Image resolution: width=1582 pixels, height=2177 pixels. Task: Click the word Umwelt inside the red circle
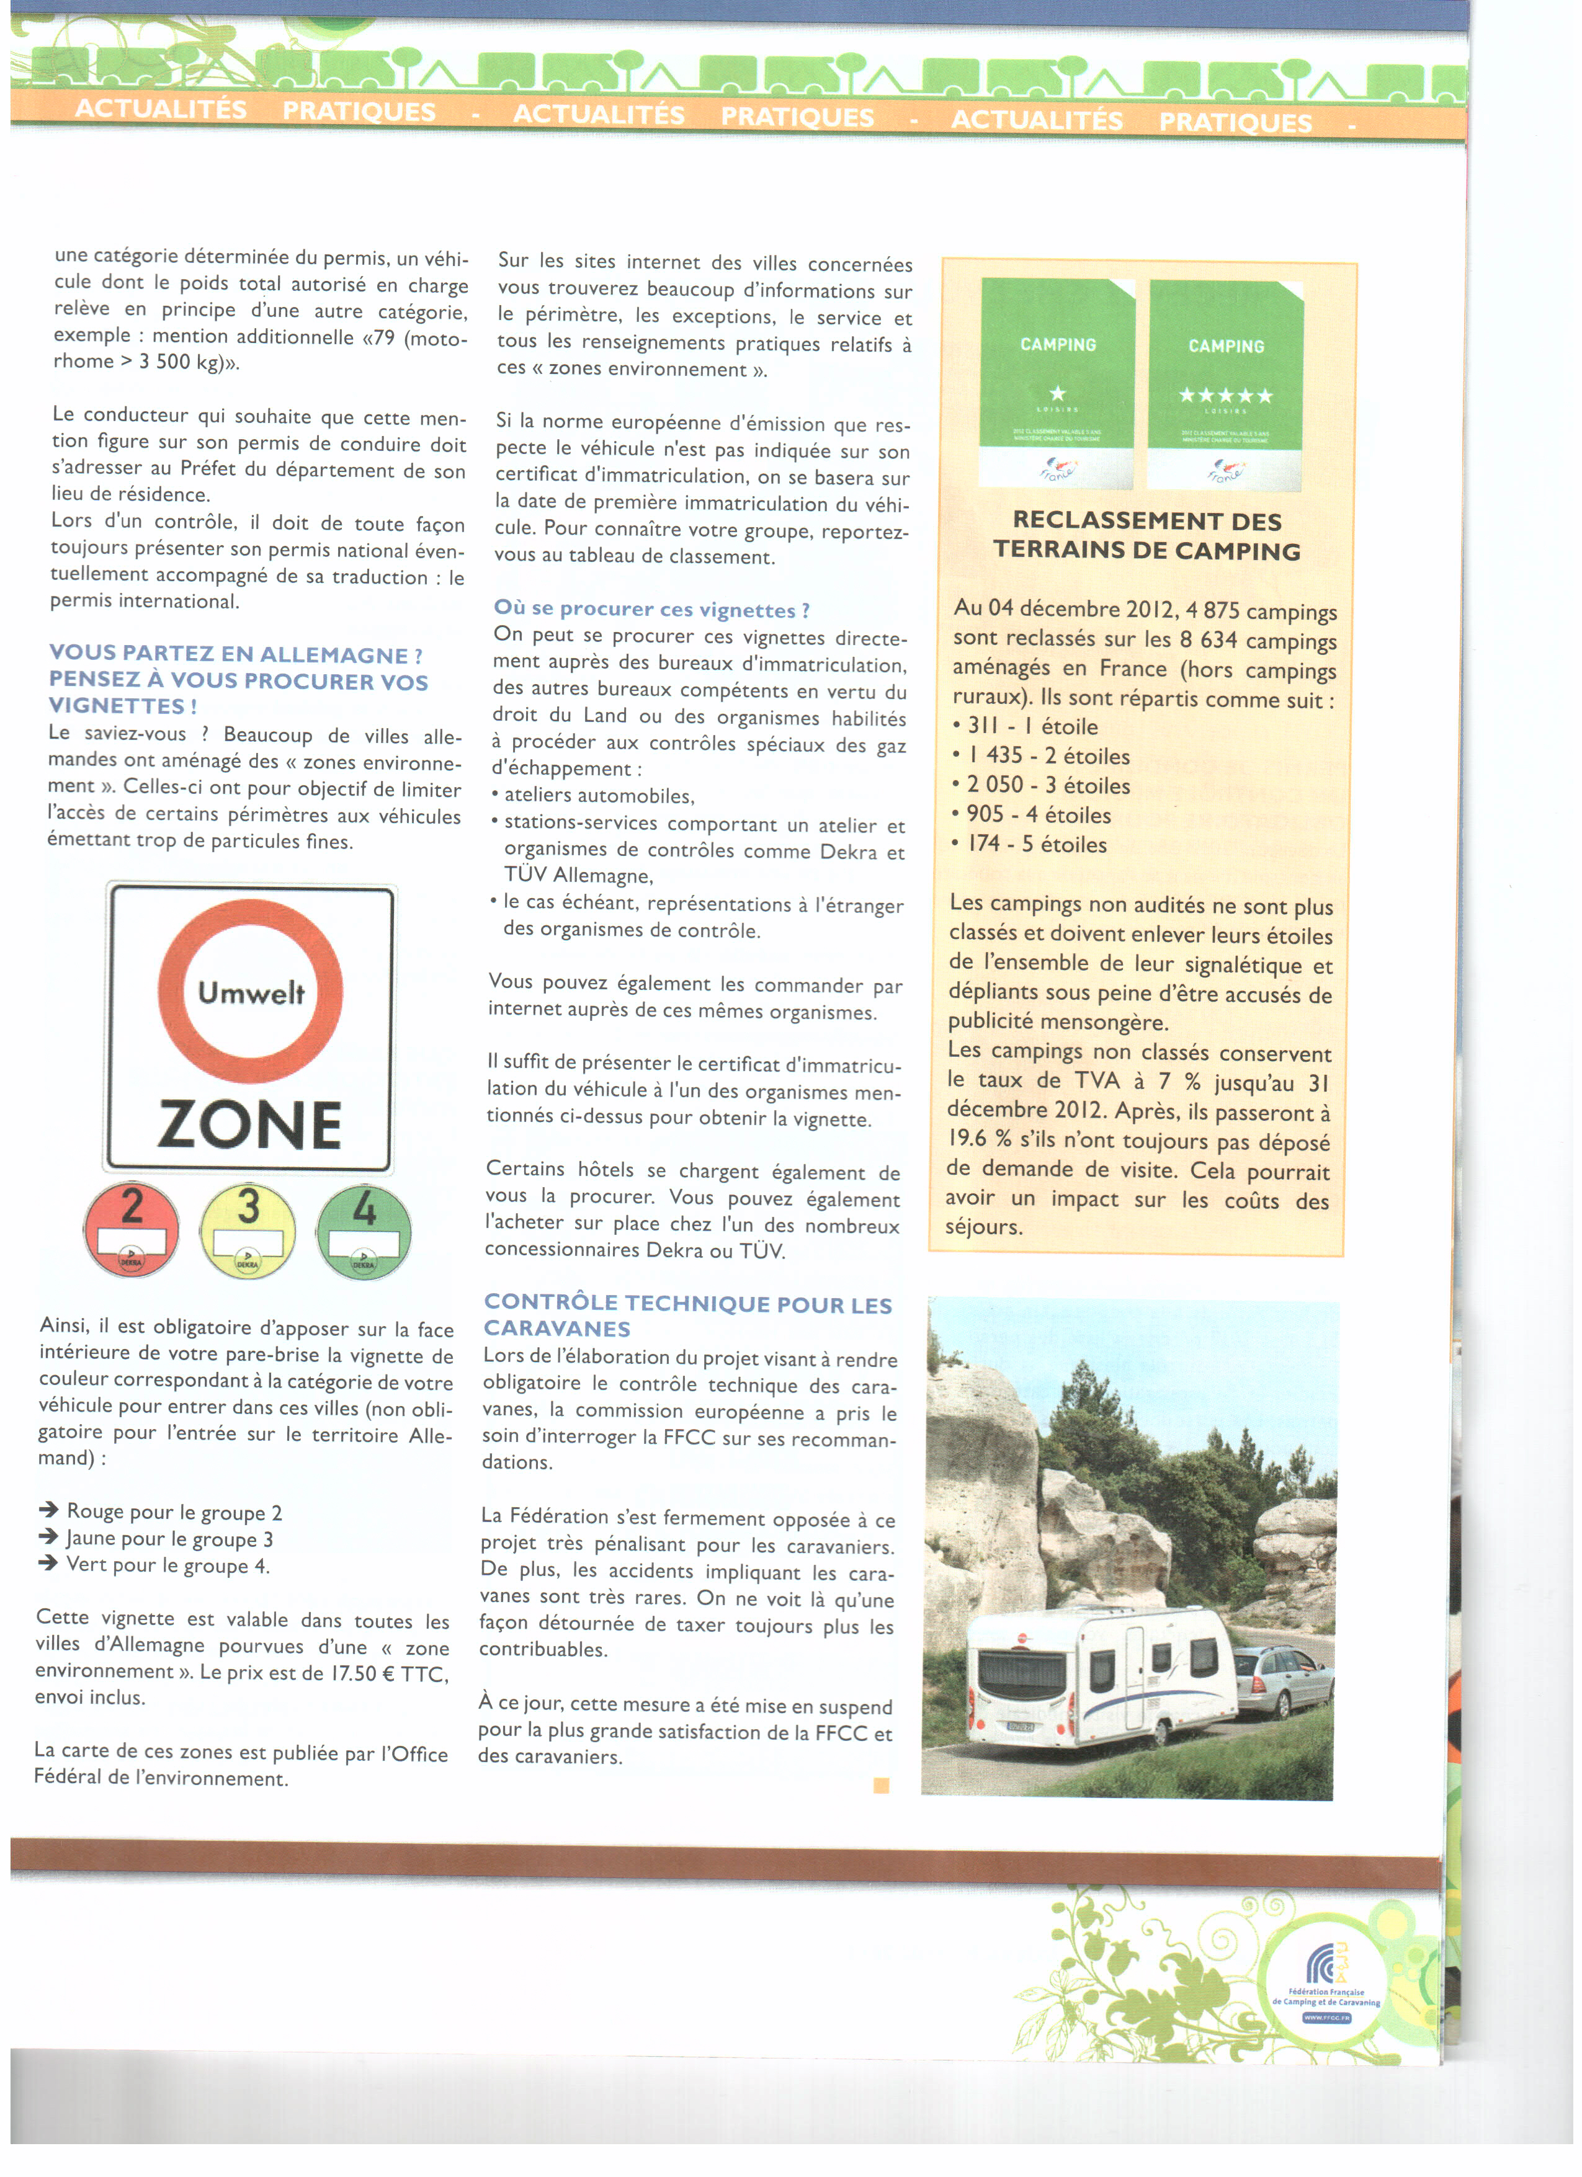coord(251,992)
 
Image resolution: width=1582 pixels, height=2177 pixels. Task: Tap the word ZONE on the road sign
coord(249,1125)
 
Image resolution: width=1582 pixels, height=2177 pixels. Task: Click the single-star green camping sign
coord(1057,384)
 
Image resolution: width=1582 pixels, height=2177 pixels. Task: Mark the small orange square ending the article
coord(881,1786)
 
